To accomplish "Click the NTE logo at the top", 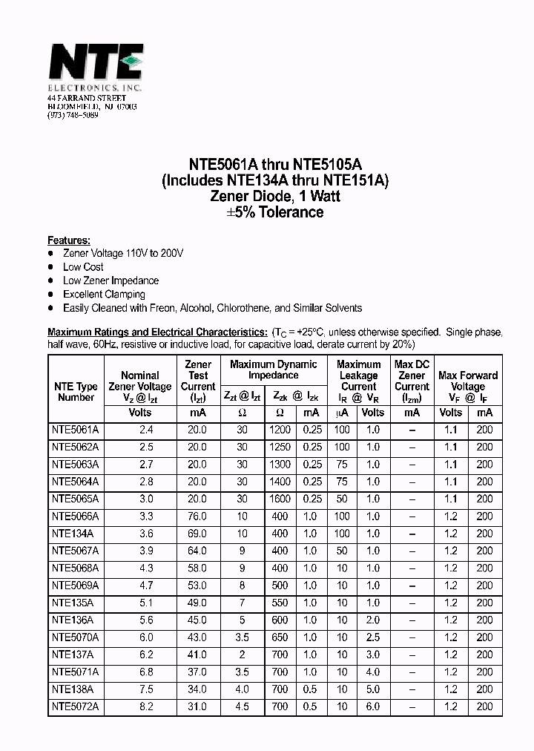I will (94, 64).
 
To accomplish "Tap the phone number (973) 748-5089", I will (73, 116).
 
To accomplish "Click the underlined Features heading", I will (69, 240).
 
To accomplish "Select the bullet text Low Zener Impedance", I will (111, 281).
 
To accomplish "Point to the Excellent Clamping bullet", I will (104, 295).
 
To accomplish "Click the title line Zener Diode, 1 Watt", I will (275, 196).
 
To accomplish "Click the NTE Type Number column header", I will (76, 392).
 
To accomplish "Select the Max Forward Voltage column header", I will (467, 381).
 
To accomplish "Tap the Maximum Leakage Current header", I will (358, 375).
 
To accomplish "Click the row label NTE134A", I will (73, 534).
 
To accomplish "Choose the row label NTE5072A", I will (76, 706).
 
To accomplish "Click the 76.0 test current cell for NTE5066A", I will (197, 516).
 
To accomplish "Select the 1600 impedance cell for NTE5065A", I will (280, 499).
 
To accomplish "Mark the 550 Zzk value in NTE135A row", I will (280, 603).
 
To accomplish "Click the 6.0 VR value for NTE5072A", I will (372, 706).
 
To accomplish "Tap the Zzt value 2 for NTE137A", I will (242, 655).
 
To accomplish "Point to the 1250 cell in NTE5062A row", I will (280, 447).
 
